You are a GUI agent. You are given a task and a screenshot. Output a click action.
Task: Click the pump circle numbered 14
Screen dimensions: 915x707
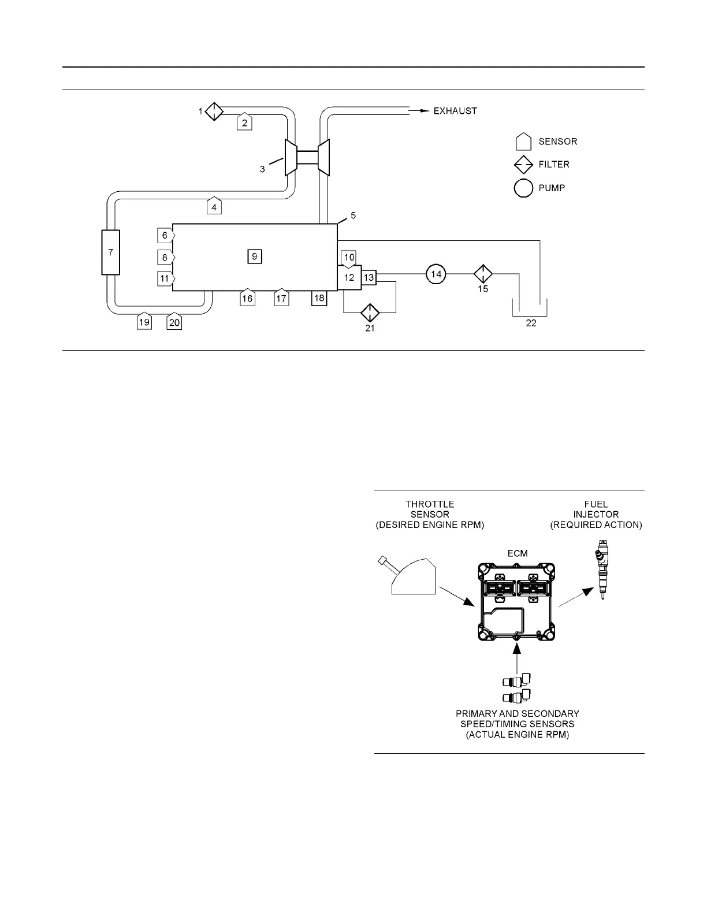[437, 274]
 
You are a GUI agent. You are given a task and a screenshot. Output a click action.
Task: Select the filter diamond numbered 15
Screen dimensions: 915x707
[482, 274]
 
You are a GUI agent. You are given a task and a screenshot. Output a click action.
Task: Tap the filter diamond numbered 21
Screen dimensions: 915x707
[370, 313]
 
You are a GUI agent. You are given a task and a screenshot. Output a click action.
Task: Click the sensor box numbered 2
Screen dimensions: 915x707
[244, 121]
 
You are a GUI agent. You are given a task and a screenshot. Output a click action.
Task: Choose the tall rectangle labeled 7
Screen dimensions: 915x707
[110, 252]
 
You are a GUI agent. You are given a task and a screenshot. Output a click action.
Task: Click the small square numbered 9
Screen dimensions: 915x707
[255, 256]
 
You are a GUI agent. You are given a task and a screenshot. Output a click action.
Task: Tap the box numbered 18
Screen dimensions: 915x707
[319, 297]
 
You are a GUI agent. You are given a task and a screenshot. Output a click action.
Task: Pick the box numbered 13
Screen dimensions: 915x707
[369, 278]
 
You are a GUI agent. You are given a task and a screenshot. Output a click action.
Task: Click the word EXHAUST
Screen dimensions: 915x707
[455, 111]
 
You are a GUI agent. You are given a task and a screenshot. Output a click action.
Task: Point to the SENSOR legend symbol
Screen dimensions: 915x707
[524, 142]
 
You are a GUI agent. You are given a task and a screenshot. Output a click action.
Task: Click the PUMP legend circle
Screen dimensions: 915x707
[524, 188]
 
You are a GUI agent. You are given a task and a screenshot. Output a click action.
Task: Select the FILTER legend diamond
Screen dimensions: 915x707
[524, 165]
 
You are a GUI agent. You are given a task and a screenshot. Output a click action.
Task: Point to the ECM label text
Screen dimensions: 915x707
[518, 553]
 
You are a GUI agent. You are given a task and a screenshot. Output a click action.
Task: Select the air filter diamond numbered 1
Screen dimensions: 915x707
[214, 111]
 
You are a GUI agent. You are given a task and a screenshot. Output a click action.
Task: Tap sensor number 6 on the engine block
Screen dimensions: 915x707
[165, 235]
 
